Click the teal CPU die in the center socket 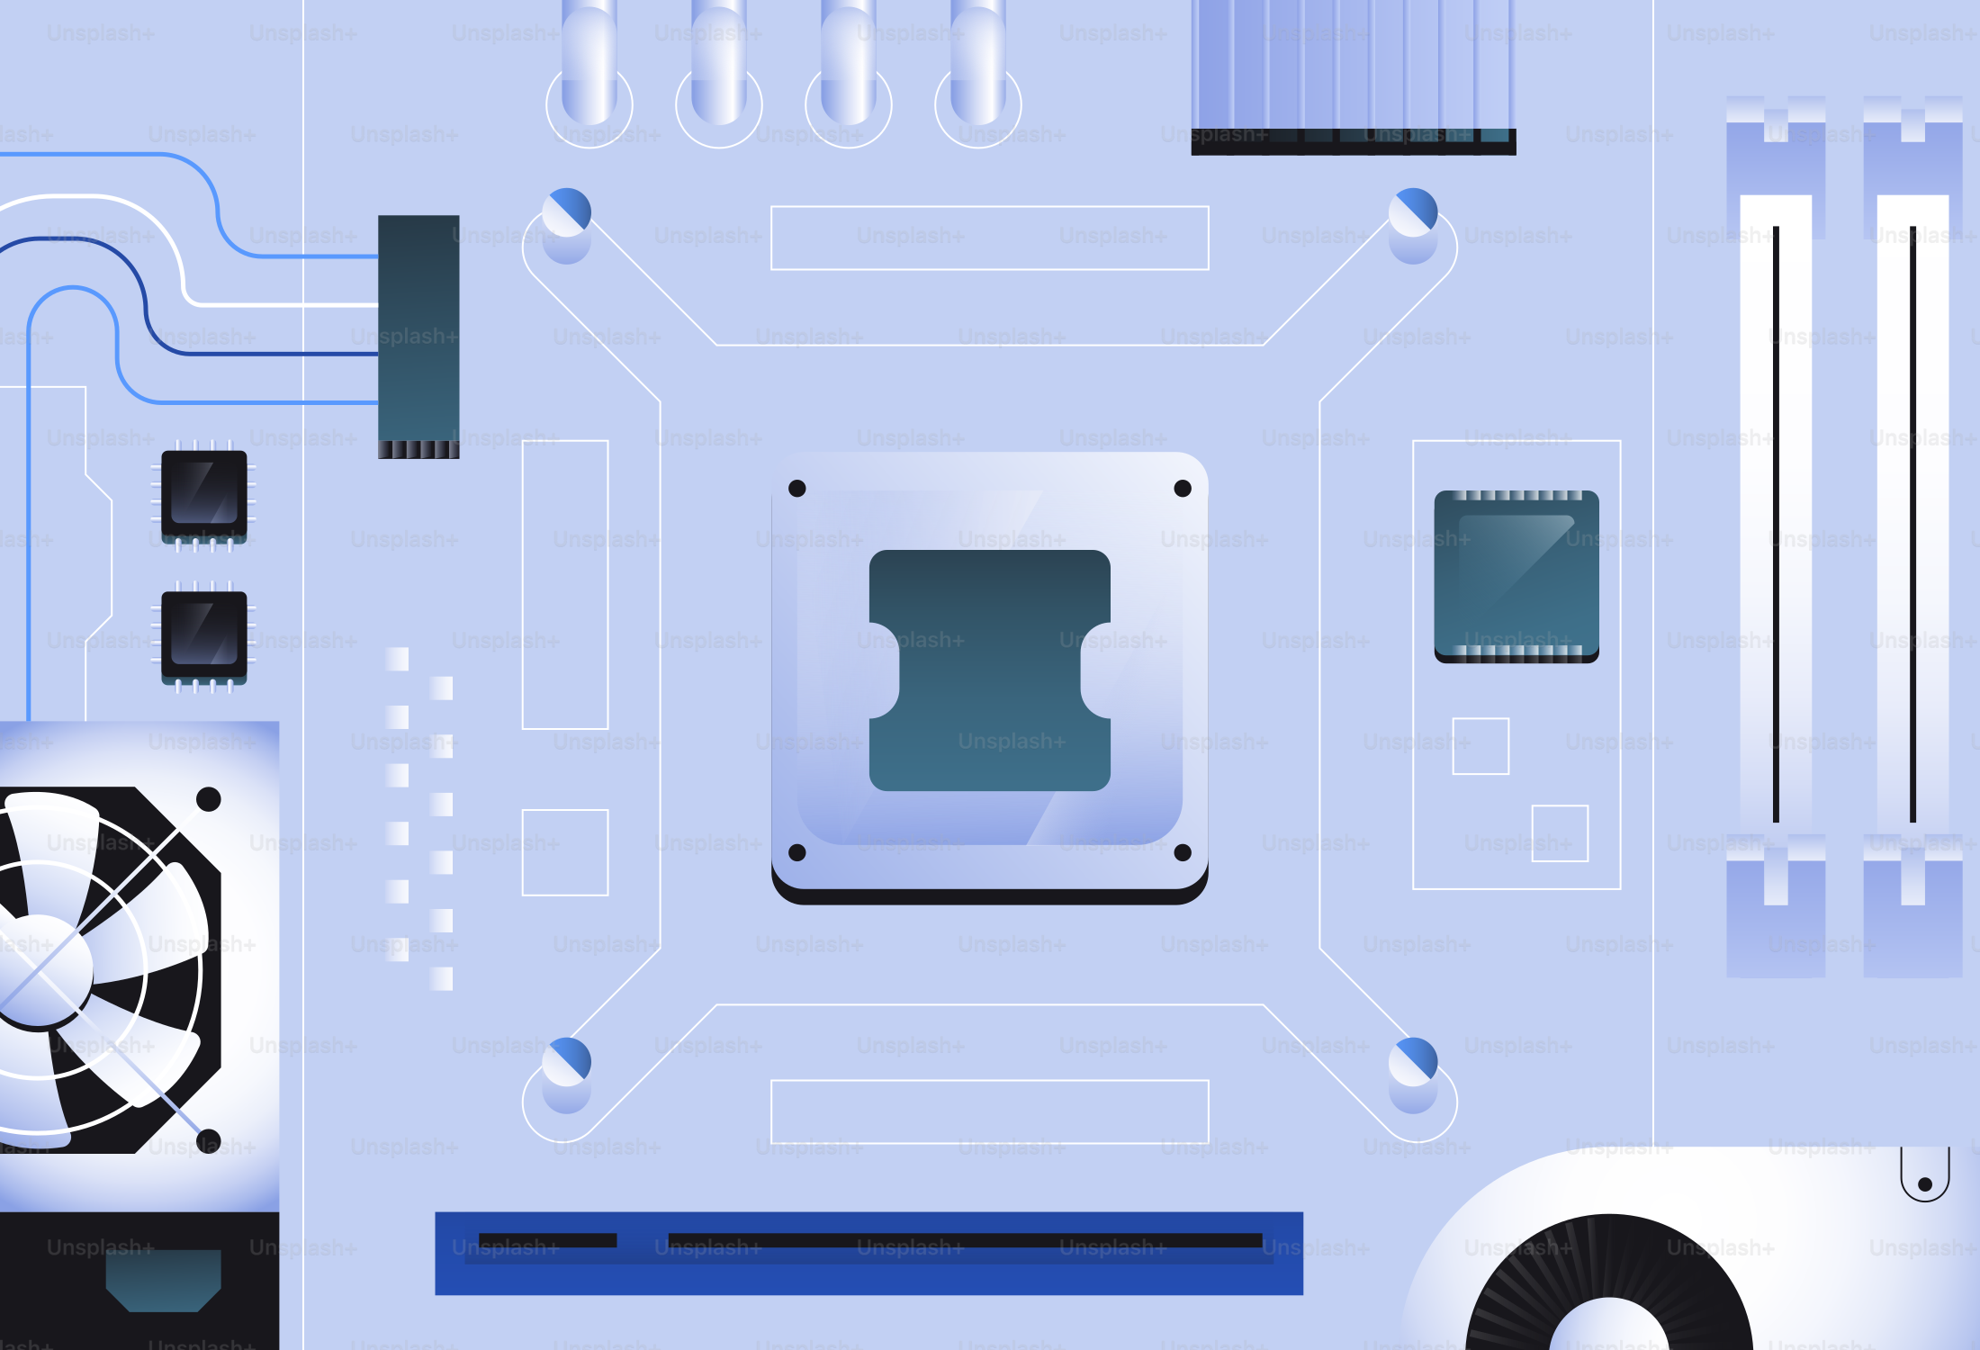(x=989, y=670)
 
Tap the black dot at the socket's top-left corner (x=796, y=489)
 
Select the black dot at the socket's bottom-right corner (x=1183, y=852)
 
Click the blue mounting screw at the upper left (x=567, y=213)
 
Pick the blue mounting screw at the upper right (x=1413, y=213)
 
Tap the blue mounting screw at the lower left (x=567, y=1062)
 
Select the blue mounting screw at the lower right (x=1413, y=1062)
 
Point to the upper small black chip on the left (x=204, y=495)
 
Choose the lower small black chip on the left (x=204, y=635)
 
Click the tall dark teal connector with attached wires (x=418, y=333)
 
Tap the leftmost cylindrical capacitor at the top (x=589, y=63)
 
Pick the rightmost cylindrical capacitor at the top (x=978, y=63)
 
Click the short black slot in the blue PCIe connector (x=547, y=1240)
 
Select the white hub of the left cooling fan (x=40, y=970)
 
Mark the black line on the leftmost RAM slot (x=1776, y=522)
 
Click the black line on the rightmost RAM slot (x=1912, y=522)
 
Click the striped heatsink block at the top (x=1353, y=72)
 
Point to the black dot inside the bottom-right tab (x=1925, y=1184)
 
